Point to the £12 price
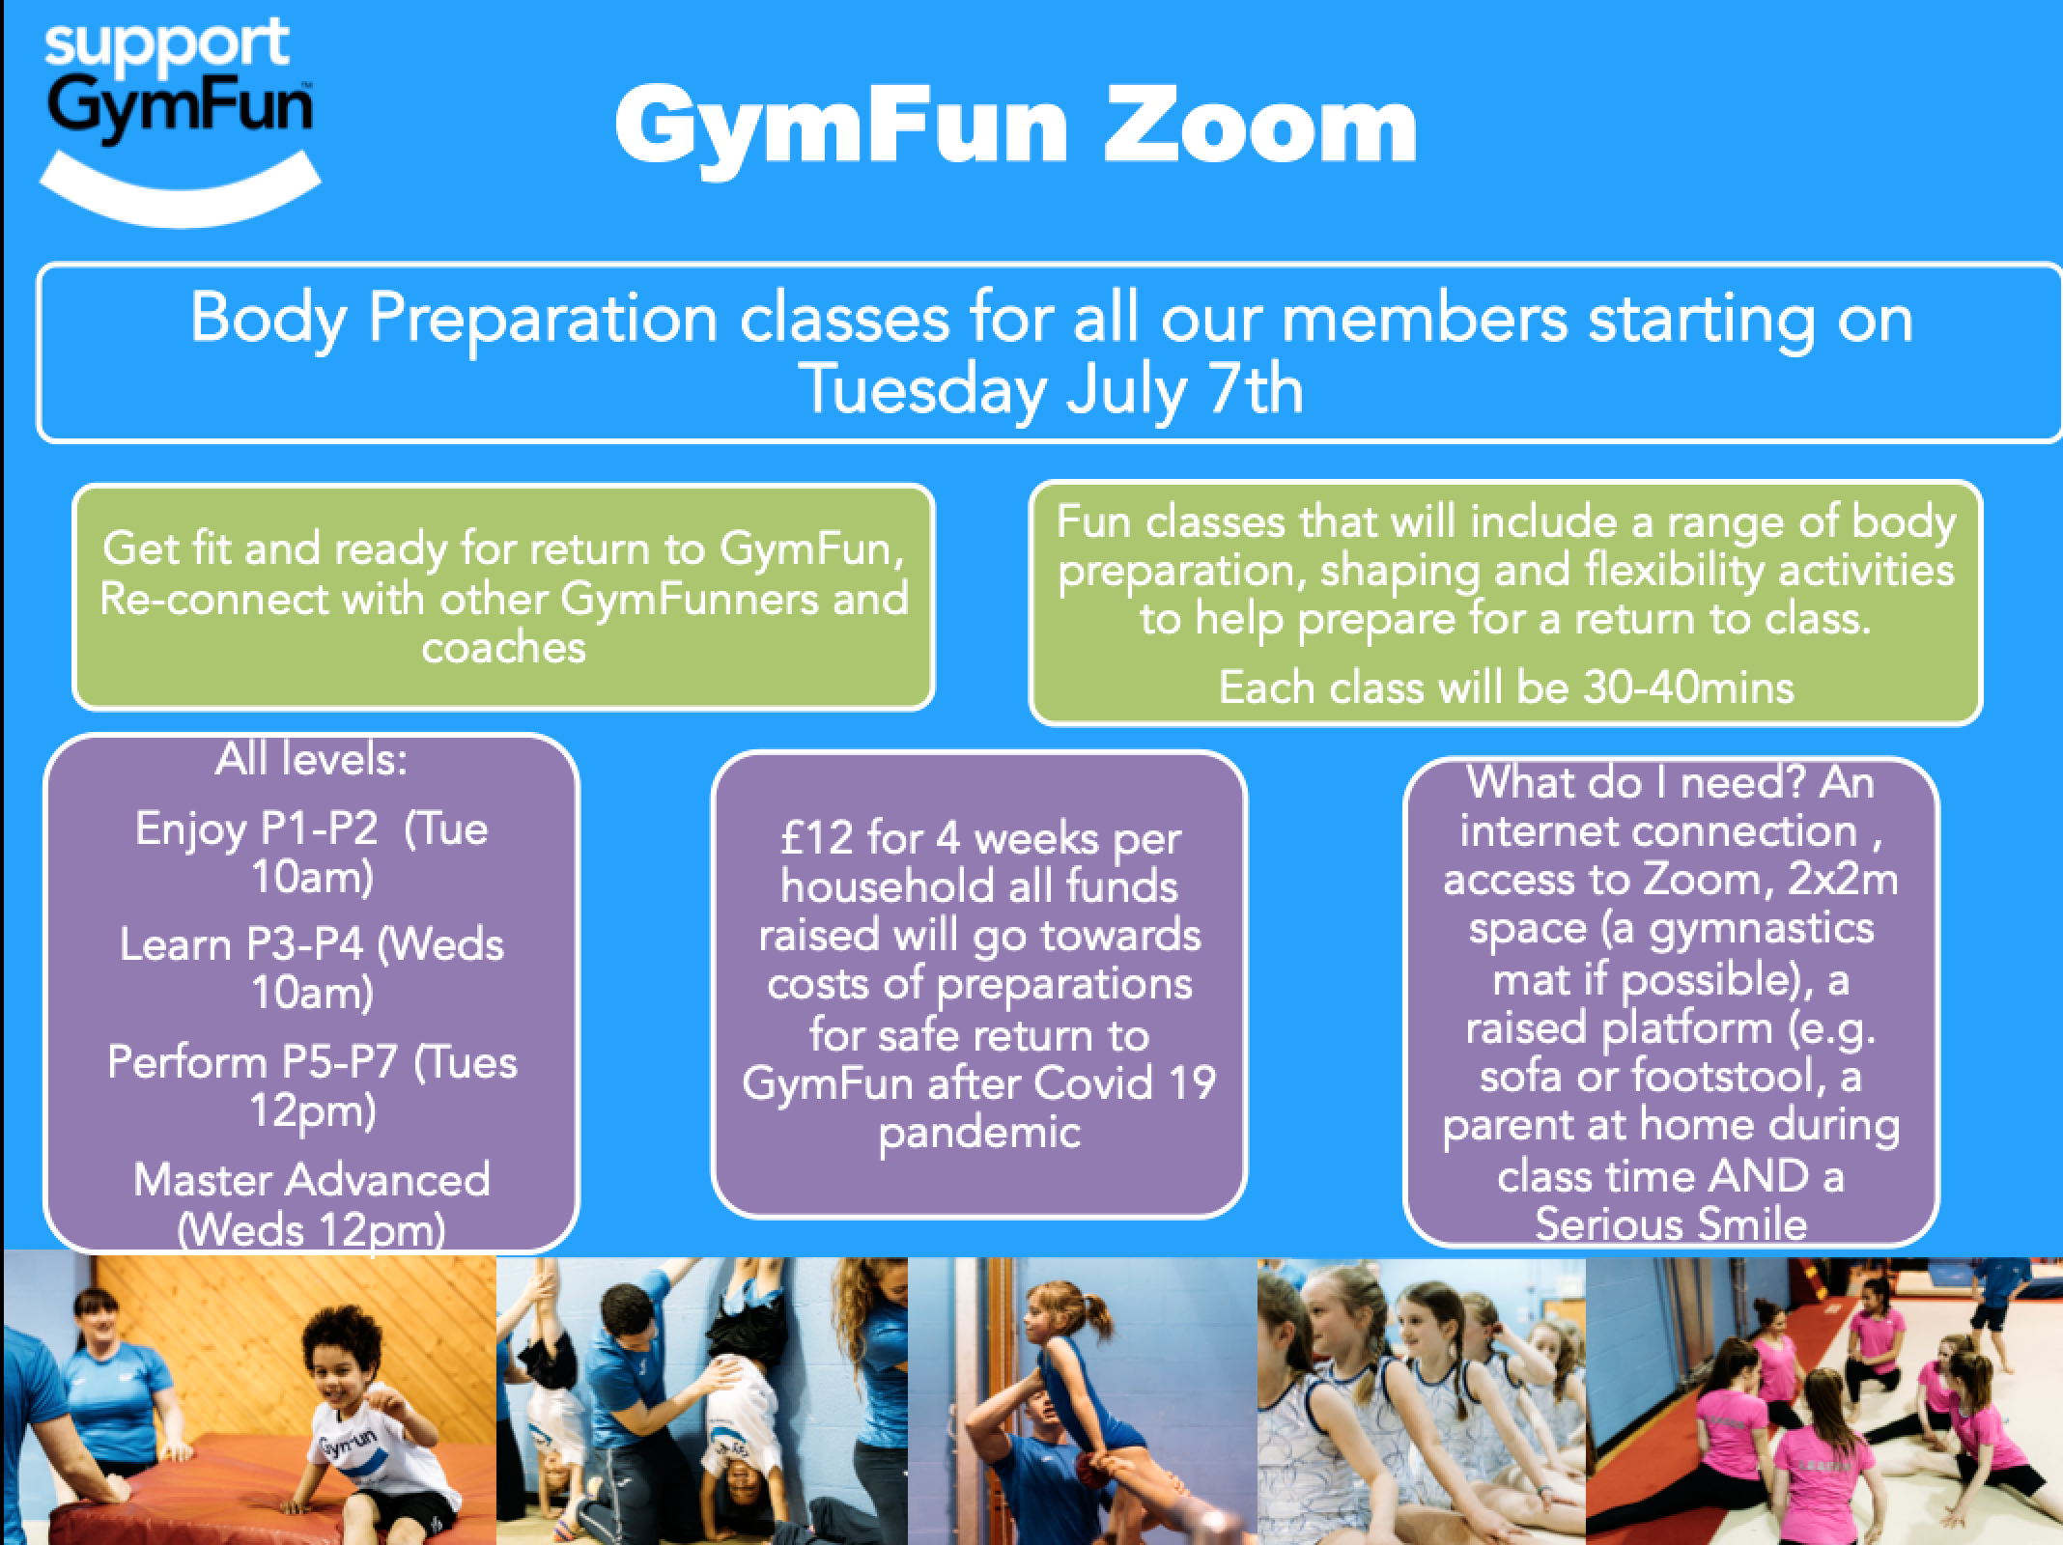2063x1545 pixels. pos(816,837)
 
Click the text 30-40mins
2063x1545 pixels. pos(1688,688)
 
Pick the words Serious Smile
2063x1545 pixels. pos(1671,1224)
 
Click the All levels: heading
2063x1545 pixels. pos(311,760)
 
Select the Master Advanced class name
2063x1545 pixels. pos(311,1180)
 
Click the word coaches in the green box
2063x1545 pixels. pos(503,648)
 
